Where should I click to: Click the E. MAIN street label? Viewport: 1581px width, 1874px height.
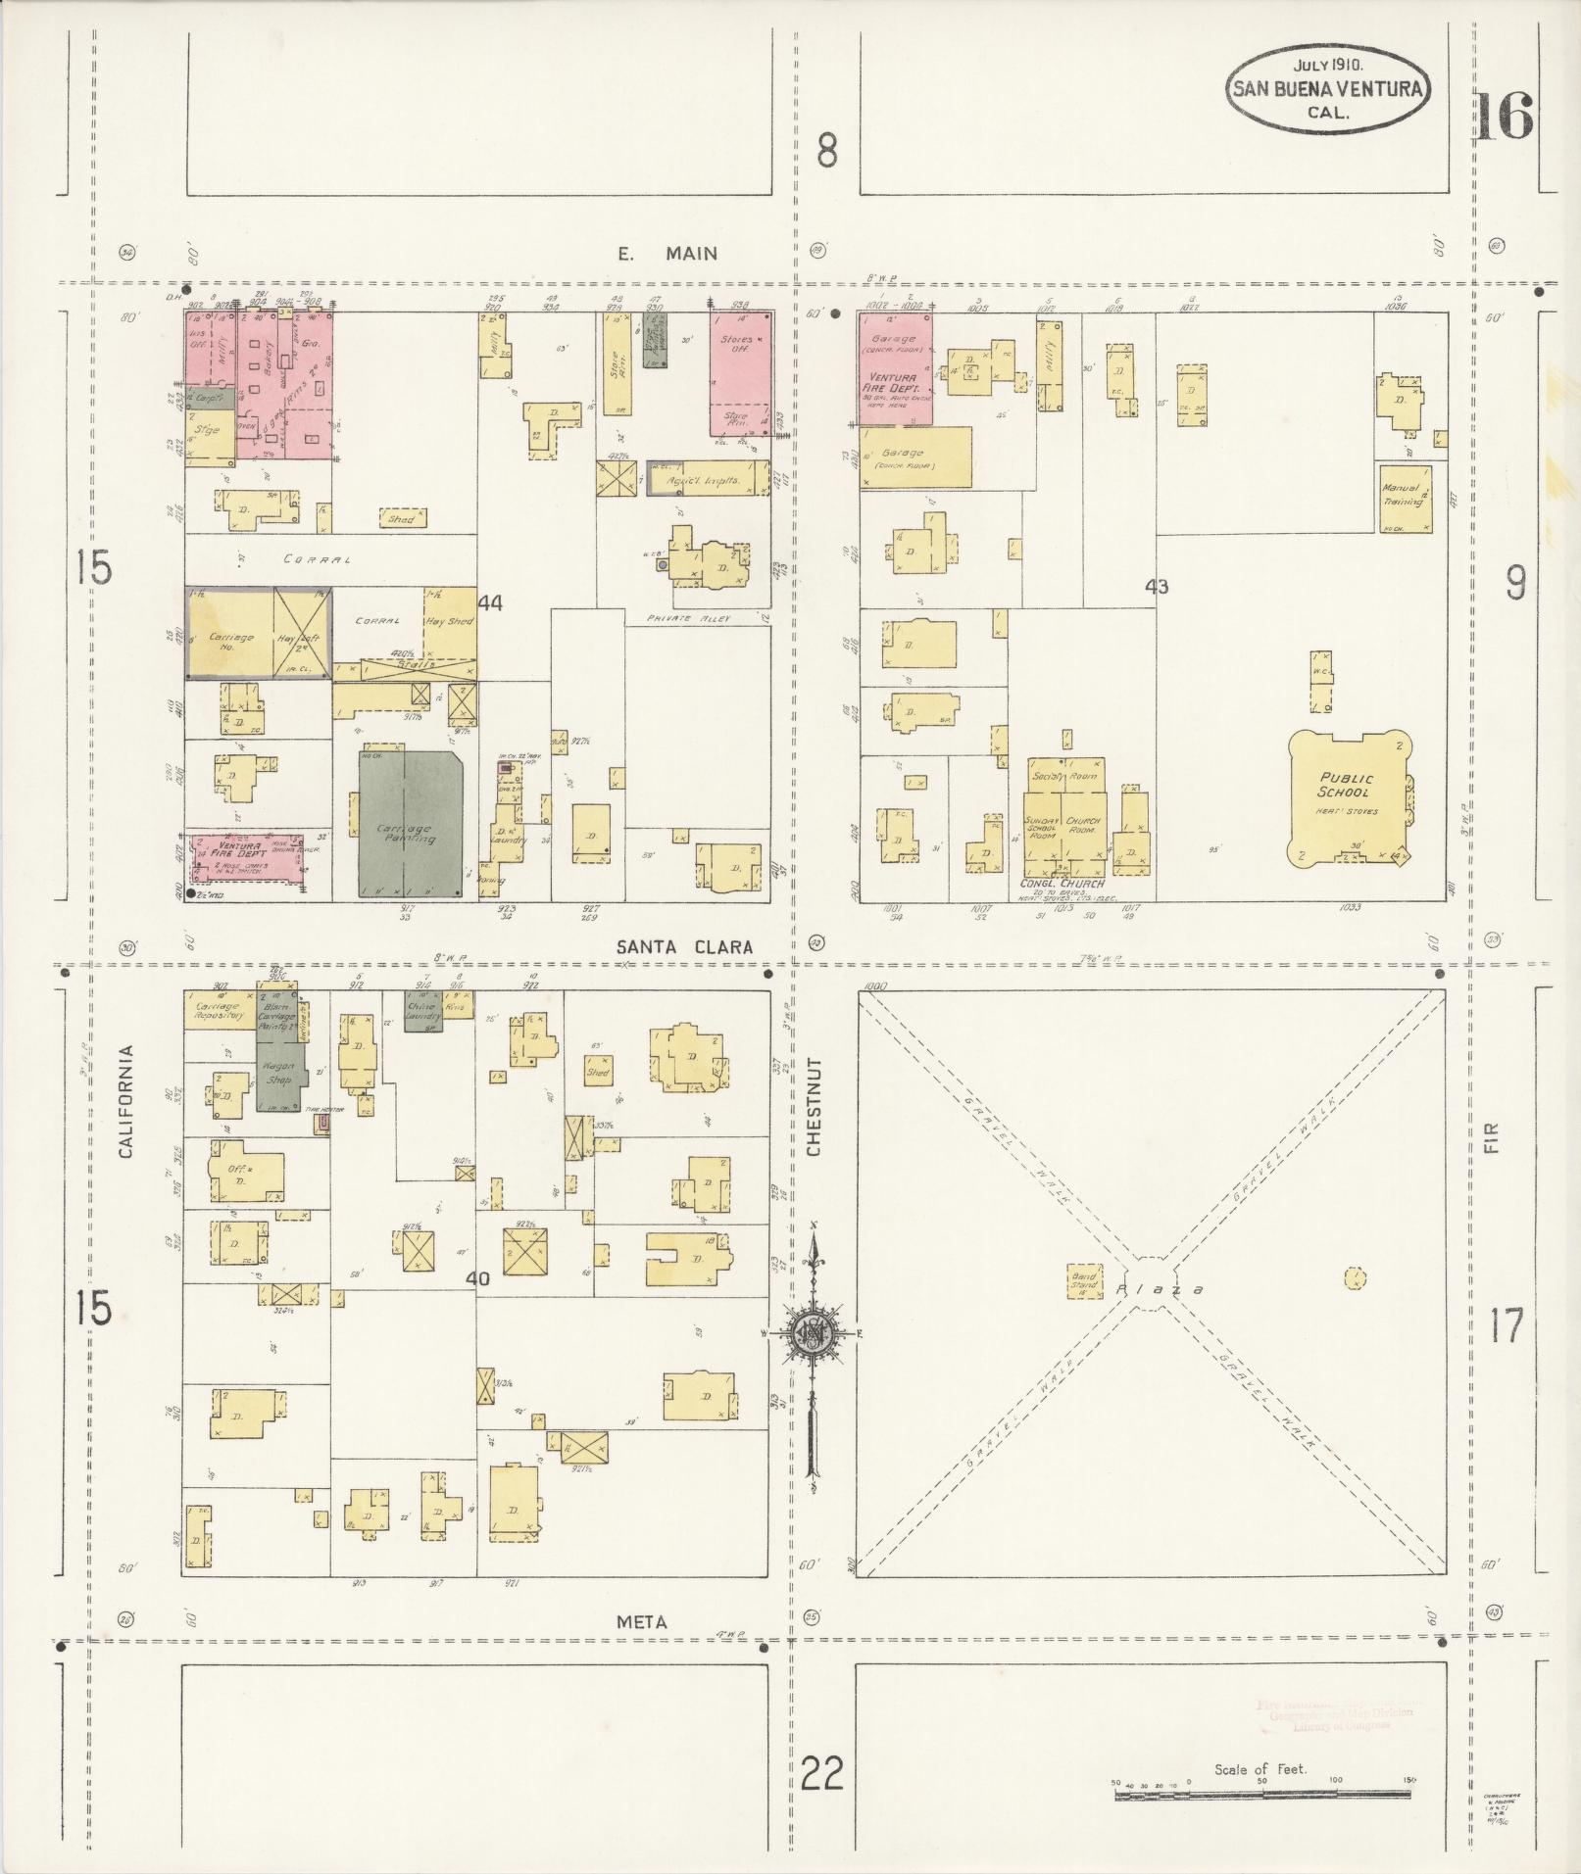coord(667,254)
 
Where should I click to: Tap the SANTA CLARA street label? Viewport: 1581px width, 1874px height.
coord(685,946)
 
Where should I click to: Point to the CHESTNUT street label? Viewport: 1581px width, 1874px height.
coord(813,1106)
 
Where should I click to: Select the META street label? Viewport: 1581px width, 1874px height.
coord(642,1621)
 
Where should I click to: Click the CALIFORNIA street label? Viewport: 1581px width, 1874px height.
coord(125,1102)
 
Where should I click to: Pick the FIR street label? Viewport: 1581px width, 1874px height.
coord(1493,1137)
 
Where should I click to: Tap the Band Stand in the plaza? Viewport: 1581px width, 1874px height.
coord(1084,1280)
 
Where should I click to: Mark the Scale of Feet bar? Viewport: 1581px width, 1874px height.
coord(1261,1794)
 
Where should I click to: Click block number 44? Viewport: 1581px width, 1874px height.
coord(490,604)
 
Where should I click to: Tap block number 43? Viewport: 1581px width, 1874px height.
coord(1157,587)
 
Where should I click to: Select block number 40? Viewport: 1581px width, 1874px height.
coord(477,1278)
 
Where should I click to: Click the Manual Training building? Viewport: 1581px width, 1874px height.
coord(1402,498)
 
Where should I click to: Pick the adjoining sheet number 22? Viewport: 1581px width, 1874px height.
coord(821,1773)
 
